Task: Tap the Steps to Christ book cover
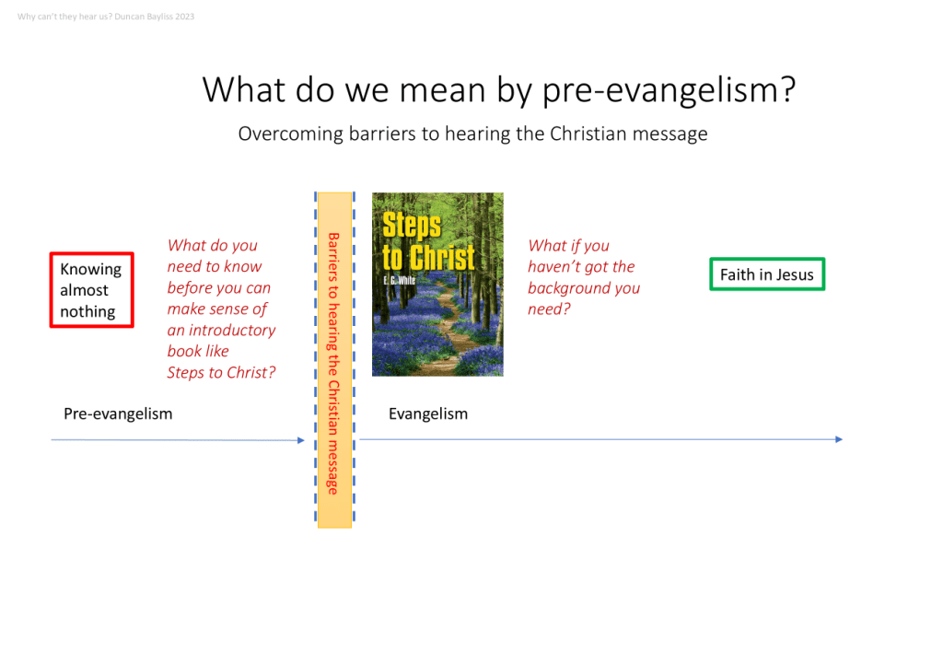(x=437, y=285)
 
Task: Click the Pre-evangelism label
(x=118, y=413)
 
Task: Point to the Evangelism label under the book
(x=427, y=413)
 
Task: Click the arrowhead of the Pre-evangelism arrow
(x=301, y=440)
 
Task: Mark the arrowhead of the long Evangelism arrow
(x=839, y=439)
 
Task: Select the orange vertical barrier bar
(x=335, y=360)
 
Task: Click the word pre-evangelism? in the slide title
(x=669, y=90)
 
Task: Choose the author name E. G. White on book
(x=399, y=279)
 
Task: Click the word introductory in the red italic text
(x=232, y=331)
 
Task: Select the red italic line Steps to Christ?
(x=221, y=372)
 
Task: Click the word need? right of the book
(x=549, y=309)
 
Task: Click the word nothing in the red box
(x=87, y=311)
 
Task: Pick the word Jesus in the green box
(x=795, y=274)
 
